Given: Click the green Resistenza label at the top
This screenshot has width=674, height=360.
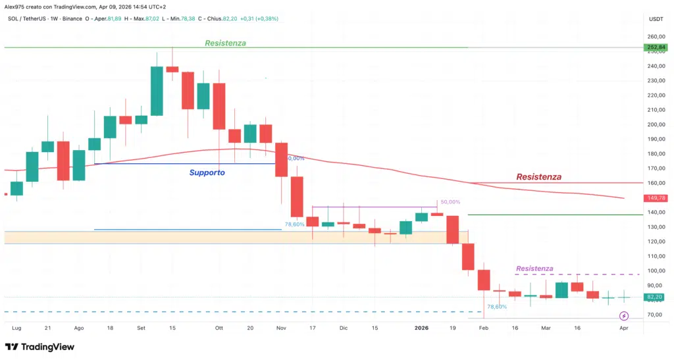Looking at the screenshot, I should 225,43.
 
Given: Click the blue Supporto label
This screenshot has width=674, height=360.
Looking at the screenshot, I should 207,172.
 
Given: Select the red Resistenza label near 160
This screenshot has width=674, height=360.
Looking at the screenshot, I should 538,177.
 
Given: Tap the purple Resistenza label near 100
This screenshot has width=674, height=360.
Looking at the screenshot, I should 534,269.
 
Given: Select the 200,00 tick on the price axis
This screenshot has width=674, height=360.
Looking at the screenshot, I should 656,124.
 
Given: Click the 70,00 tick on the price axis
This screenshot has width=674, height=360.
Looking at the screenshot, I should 656,315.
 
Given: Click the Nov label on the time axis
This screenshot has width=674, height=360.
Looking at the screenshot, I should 281,327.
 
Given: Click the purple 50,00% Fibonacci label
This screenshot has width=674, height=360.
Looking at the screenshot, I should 450,202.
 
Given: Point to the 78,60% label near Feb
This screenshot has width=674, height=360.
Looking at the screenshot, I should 496,307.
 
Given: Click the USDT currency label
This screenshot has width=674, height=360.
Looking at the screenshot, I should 656,19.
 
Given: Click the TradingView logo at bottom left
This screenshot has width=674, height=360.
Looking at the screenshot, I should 39,347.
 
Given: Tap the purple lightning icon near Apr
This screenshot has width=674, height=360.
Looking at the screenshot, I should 624,317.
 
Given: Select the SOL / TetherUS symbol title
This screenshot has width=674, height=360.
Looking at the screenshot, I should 26,18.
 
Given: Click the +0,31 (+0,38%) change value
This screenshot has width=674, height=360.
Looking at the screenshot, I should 259,18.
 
